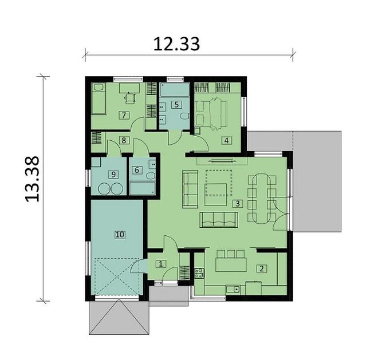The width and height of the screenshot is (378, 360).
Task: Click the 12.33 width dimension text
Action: [x=176, y=43]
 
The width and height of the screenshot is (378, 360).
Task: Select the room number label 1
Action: [x=161, y=264]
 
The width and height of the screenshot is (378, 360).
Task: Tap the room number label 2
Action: [x=261, y=268]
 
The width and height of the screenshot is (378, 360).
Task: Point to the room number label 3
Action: [x=238, y=203]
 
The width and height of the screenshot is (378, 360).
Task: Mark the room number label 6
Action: [x=136, y=170]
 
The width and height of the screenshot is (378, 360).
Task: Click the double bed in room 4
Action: [x=212, y=110]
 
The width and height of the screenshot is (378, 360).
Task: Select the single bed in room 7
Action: [x=99, y=99]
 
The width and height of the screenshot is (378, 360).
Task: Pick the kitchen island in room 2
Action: [x=230, y=266]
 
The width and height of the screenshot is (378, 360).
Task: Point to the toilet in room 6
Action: [x=150, y=176]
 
